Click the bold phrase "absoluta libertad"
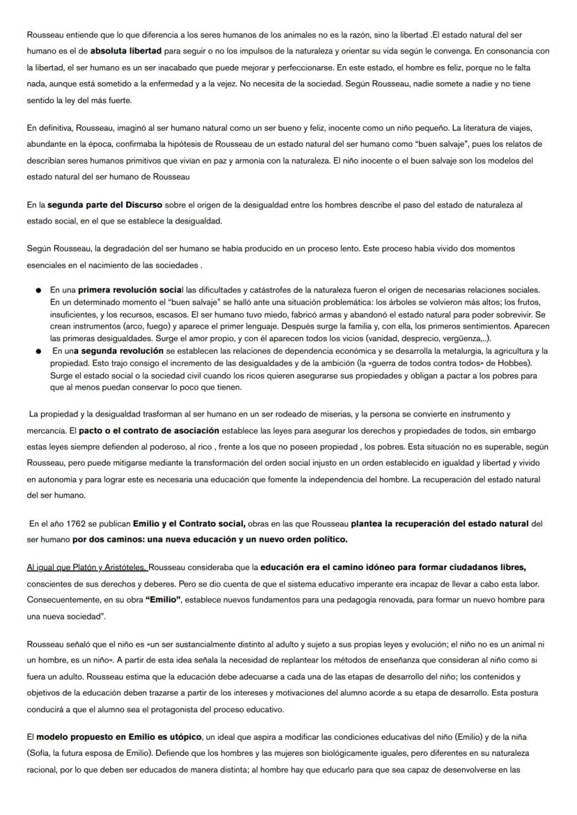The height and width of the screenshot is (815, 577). (x=128, y=51)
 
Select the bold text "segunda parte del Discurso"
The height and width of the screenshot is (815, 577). (x=105, y=205)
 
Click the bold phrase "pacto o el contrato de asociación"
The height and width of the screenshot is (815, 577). (x=149, y=430)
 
